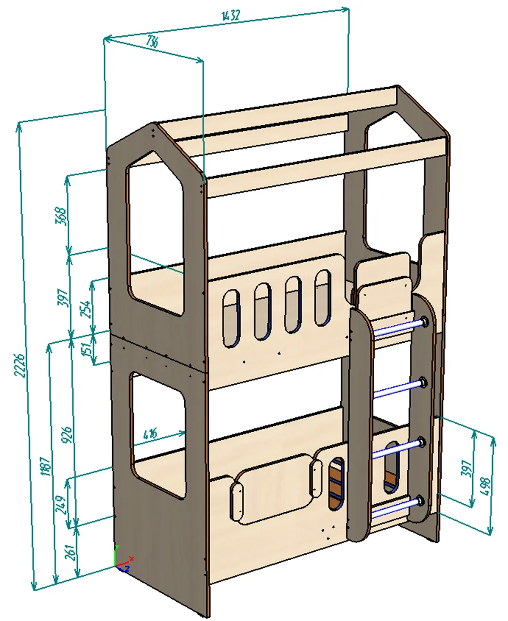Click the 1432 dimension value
[x=231, y=16]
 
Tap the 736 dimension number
[x=152, y=41]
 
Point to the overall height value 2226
[x=19, y=365]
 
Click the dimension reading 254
[x=86, y=309]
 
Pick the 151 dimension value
[x=86, y=349]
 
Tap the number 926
[x=67, y=435]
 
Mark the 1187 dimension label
[x=46, y=466]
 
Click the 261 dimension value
[x=70, y=552]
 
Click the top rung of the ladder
[x=398, y=328]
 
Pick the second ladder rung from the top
[x=397, y=389]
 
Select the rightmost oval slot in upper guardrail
[x=323, y=298]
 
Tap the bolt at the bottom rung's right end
[x=419, y=501]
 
